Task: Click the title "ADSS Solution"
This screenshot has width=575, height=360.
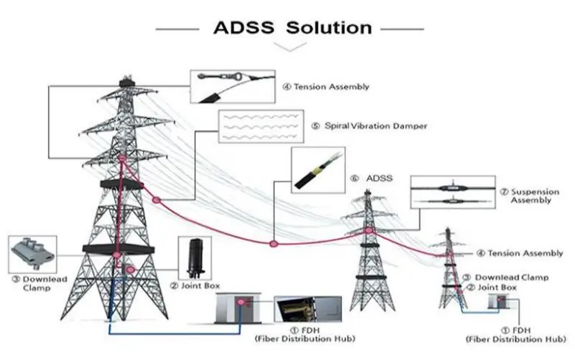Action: click(293, 28)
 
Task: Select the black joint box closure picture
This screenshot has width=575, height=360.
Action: click(195, 258)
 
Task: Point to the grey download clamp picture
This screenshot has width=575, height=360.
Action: click(32, 255)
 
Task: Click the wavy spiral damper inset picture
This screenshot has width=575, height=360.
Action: click(261, 126)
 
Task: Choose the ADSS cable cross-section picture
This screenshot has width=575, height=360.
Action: click(318, 170)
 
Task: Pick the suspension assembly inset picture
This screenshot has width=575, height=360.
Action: click(453, 193)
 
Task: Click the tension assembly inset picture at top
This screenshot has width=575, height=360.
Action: click(232, 86)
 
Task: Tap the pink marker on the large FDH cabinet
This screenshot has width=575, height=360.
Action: click(240, 302)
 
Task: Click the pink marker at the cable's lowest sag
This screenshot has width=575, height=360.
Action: click(273, 243)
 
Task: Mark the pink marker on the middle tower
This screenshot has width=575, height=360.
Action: click(369, 230)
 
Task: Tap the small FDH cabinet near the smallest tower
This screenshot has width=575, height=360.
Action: click(498, 302)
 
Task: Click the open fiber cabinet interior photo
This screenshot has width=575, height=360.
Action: click(307, 309)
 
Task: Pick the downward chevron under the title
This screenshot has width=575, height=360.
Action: click(290, 46)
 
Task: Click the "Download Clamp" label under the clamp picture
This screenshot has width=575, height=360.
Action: click(40, 283)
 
